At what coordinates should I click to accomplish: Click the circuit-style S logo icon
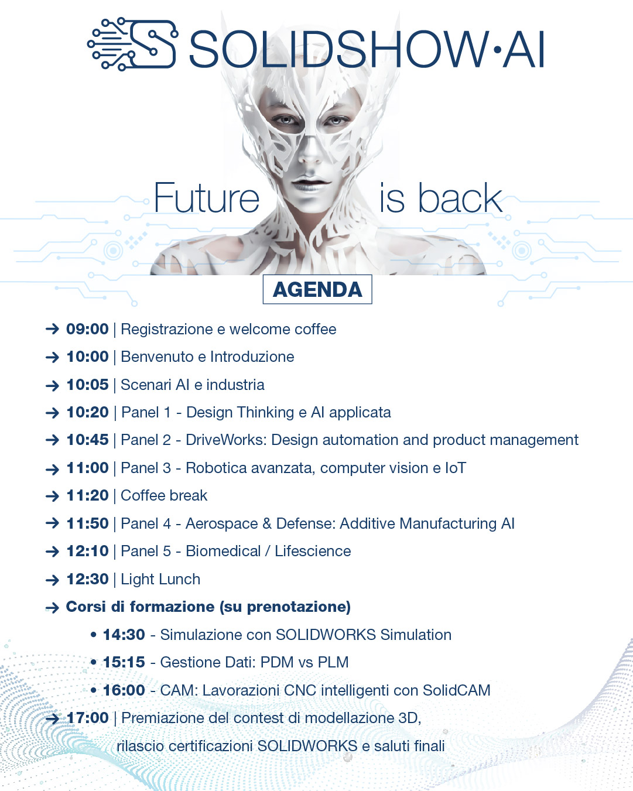[x=133, y=44]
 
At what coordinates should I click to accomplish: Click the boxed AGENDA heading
[x=317, y=289]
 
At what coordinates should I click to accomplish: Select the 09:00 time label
[x=87, y=329]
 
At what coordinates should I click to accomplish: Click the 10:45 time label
[x=87, y=440]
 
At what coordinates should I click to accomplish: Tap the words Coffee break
[x=164, y=495]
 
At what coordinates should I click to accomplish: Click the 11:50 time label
[x=87, y=523]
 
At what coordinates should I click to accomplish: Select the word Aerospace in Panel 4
[x=222, y=523]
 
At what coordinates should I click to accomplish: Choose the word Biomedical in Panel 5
[x=223, y=551]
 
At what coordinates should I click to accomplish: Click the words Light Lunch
[x=160, y=579]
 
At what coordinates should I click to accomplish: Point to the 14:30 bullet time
[x=124, y=635]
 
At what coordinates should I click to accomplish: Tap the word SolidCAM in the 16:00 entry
[x=457, y=690]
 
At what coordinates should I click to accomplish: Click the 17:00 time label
[x=87, y=718]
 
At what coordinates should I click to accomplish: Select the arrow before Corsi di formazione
[x=52, y=608]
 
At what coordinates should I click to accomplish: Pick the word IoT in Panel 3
[x=456, y=468]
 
